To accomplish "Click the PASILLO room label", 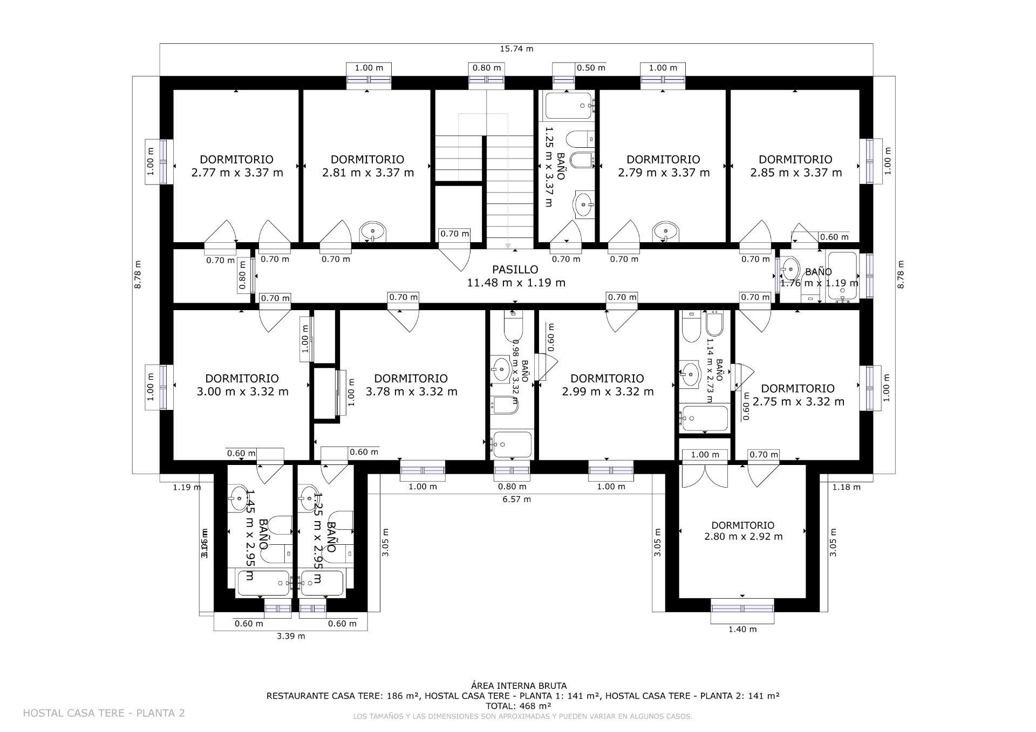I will (x=515, y=276).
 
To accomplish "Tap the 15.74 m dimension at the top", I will (x=516, y=49).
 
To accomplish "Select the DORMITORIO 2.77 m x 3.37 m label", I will (x=237, y=166).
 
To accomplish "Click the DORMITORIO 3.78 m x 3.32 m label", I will (x=411, y=385).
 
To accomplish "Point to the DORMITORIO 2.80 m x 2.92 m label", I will (x=743, y=531).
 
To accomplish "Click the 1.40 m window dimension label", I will (x=742, y=629).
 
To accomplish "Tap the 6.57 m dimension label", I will (x=516, y=499).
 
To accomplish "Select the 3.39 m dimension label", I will (x=291, y=636).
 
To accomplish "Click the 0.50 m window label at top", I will (x=591, y=68).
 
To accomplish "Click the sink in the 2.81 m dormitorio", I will (x=373, y=232).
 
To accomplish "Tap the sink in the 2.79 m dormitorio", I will (x=666, y=232).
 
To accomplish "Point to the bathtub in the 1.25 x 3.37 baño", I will (x=569, y=106).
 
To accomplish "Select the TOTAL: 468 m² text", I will (x=519, y=706).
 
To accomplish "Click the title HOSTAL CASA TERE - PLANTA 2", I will (x=104, y=713).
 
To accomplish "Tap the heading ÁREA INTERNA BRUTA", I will (x=519, y=686).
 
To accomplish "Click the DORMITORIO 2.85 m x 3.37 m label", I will (x=796, y=166).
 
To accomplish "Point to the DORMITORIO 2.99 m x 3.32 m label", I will (x=608, y=385).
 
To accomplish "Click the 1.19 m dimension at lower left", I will (x=187, y=487).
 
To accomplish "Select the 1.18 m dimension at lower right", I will (x=846, y=487).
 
